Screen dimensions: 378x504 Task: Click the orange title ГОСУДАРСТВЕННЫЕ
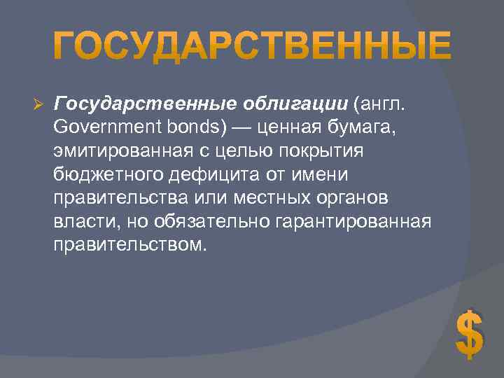pyautogui.click(x=252, y=47)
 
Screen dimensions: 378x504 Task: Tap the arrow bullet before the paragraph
pyautogui.click(x=39, y=104)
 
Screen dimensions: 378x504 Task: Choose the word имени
pyautogui.click(x=320, y=175)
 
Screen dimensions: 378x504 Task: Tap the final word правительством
pyautogui.click(x=129, y=246)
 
